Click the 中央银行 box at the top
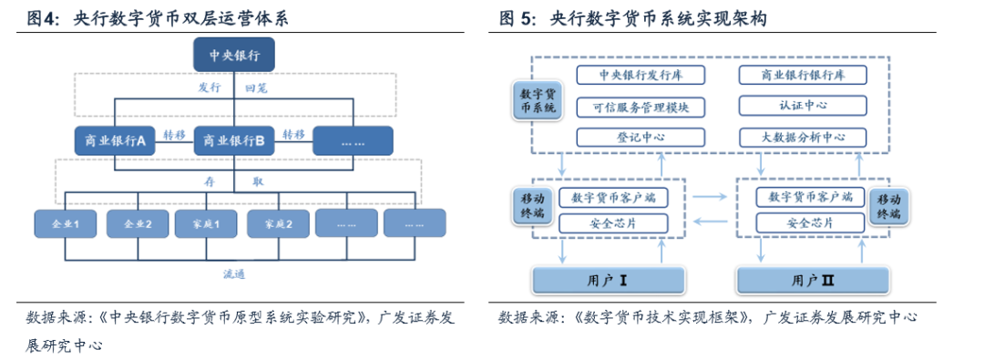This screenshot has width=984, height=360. (x=234, y=56)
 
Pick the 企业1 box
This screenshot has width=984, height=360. (x=65, y=223)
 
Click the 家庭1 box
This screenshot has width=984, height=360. (x=206, y=223)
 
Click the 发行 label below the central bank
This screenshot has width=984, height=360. (x=210, y=89)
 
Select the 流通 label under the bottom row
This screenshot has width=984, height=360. (x=234, y=274)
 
